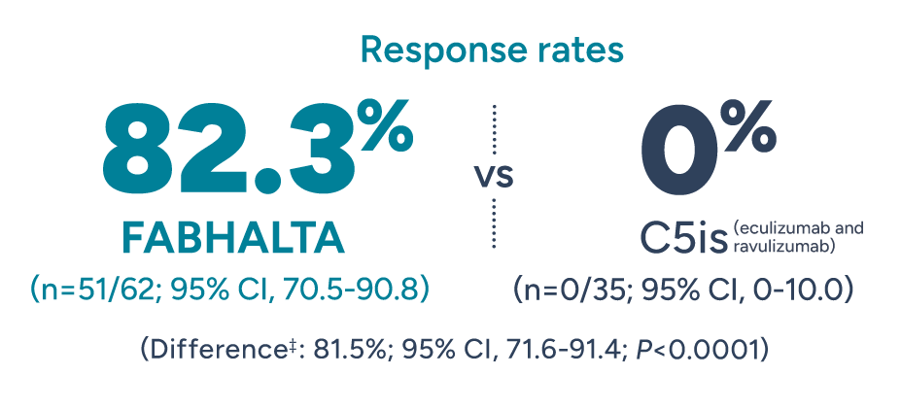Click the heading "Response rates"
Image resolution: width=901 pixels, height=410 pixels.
pyautogui.click(x=492, y=49)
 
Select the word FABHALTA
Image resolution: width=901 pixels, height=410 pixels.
pyautogui.click(x=233, y=238)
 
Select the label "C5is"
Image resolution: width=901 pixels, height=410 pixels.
pyautogui.click(x=682, y=238)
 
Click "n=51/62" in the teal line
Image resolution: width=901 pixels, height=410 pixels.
pyautogui.click(x=93, y=289)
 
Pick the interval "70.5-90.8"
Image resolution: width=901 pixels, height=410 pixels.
pyautogui.click(x=364, y=289)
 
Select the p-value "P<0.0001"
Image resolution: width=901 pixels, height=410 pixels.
pyautogui.click(x=693, y=349)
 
